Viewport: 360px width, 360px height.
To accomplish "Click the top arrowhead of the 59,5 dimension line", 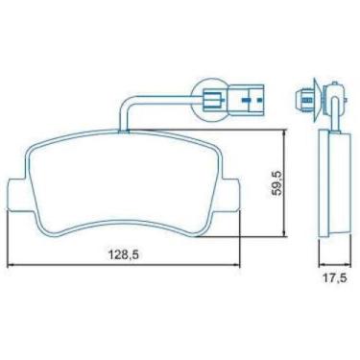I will click(284, 132).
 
